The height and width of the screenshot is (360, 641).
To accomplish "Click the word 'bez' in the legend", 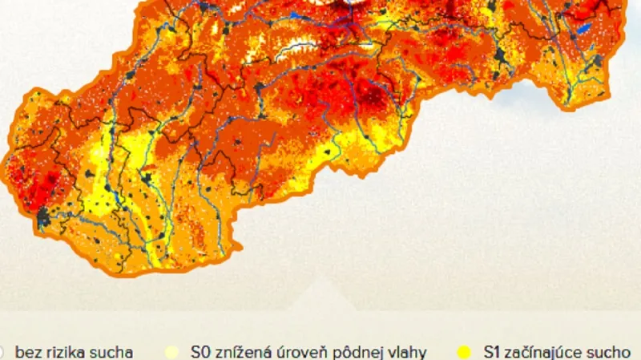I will [26, 351].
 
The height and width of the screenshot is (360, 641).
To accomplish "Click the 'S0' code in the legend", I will [200, 351].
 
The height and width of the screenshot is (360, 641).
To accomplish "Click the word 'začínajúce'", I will [550, 351].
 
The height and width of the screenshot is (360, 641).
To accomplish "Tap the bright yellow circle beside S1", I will [463, 351].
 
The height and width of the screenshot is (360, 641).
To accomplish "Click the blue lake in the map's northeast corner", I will [584, 28].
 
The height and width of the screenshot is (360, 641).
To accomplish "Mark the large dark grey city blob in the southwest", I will [42, 216].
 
